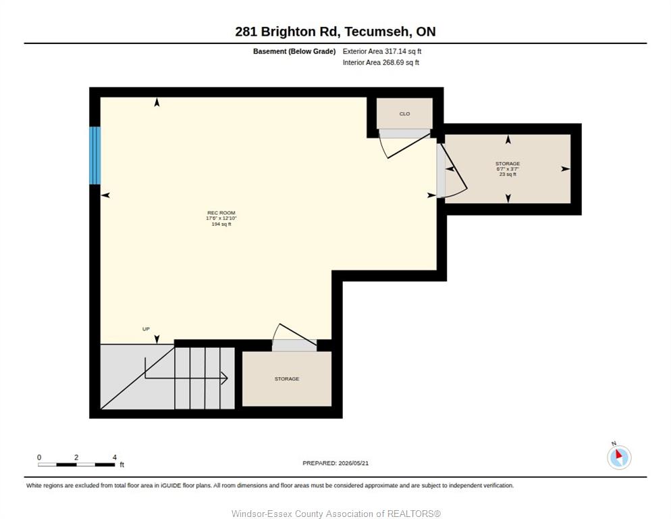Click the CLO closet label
tap(404, 114)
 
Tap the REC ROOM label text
tap(221, 213)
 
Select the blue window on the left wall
tap(95, 155)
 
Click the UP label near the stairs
tap(146, 328)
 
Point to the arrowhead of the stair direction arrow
tap(225, 378)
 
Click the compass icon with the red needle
tap(619, 457)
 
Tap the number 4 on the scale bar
tap(114, 458)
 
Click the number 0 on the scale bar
tap(39, 458)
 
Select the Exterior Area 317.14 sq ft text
tap(381, 51)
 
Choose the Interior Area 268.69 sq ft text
tap(381, 63)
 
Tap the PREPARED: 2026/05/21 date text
tap(335, 463)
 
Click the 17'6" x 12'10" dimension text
tap(221, 218)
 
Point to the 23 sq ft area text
tap(508, 174)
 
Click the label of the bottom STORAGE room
tap(287, 379)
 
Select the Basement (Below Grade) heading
tap(294, 51)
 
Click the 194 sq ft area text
tap(221, 224)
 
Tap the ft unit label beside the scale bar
tap(122, 464)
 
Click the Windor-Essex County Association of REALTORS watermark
tap(336, 514)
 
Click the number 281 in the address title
tap(246, 32)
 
